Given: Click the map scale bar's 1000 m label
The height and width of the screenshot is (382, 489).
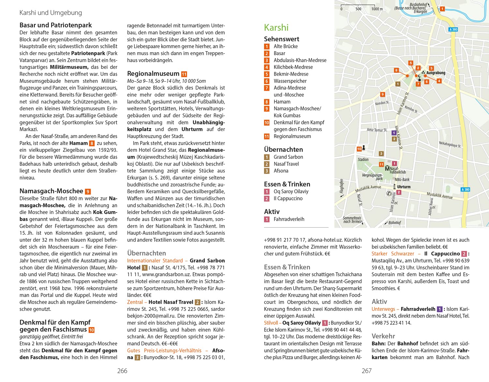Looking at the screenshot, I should pos(377,9).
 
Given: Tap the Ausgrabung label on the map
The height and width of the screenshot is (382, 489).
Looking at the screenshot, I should pos(436,73).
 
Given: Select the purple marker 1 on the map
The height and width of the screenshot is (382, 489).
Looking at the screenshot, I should pos(394,133).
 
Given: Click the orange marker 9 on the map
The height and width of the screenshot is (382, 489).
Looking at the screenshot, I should pos(383,94).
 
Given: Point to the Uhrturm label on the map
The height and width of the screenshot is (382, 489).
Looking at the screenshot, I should pos(404,187).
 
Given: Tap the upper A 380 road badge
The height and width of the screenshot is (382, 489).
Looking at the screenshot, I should pos(453,29).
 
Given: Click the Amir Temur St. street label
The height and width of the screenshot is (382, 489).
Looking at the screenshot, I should pos(377,130).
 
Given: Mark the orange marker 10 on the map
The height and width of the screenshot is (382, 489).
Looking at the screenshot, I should pos(359,149).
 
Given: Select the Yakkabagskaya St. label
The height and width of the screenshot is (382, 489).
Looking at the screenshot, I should pos(450,144).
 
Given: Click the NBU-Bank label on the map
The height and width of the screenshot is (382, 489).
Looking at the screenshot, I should pos(402,180).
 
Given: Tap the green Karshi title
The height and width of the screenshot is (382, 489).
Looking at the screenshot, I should pos(276,27).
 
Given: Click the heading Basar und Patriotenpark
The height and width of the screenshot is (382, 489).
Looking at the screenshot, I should pos(55,25).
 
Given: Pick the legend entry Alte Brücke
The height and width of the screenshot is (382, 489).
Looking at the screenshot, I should pos(286,46).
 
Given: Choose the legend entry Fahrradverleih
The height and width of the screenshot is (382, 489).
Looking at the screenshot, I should pos(289,219).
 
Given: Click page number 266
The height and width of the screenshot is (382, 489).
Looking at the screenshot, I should pos(122,371).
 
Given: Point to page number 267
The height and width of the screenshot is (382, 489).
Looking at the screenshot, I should pos(366,371).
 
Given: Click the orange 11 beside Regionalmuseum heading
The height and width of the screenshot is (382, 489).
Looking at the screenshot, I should pos(184,74).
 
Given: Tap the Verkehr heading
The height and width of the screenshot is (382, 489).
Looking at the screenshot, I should pos(383,336).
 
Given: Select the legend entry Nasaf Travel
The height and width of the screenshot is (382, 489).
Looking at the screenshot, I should pos(286,164).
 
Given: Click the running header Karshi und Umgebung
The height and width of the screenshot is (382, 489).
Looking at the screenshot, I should pos(51,13).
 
